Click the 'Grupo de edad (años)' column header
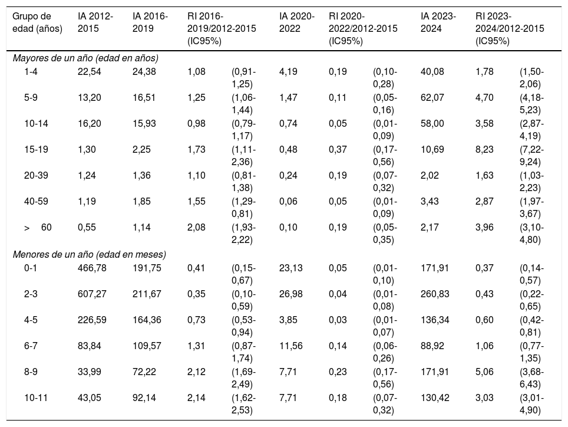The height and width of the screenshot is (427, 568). click(37, 22)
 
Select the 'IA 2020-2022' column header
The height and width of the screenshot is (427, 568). click(297, 22)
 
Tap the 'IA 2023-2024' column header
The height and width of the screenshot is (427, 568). click(438, 22)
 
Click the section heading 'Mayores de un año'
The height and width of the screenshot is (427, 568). click(85, 58)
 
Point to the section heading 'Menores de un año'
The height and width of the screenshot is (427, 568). click(89, 254)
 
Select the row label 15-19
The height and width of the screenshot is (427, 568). click(36, 149)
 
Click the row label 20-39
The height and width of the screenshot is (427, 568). click(36, 175)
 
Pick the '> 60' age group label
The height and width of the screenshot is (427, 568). click(38, 227)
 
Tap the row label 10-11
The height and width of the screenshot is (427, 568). click(36, 398)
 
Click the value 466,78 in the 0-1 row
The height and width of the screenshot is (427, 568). click(92, 268)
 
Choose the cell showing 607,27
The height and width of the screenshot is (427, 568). click(92, 294)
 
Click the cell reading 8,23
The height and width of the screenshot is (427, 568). click(484, 149)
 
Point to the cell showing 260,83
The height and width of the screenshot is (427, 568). click(435, 294)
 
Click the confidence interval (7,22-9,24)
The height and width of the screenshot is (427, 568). click(532, 156)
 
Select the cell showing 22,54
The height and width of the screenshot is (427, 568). click(90, 72)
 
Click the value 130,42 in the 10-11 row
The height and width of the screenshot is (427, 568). click(435, 398)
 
